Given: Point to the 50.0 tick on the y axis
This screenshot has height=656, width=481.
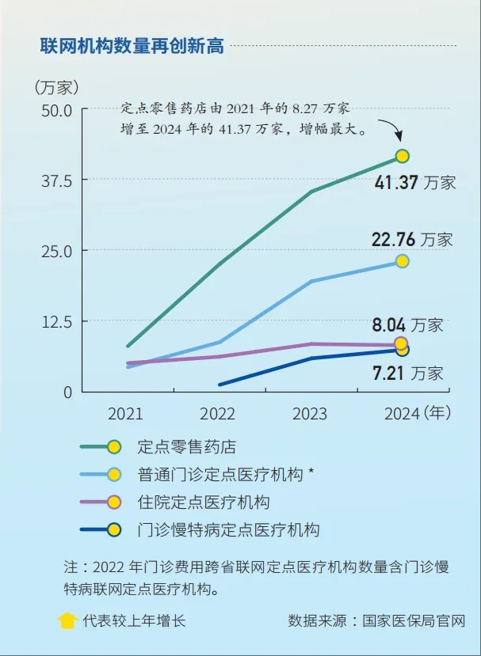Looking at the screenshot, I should (x=55, y=110).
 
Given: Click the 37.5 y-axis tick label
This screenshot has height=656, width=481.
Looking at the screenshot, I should (x=55, y=180).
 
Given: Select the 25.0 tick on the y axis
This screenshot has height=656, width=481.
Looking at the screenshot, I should (x=55, y=251).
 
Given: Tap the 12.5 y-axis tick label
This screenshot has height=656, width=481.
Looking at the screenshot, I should (x=55, y=321).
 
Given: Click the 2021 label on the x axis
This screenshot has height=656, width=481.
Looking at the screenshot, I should (x=126, y=414).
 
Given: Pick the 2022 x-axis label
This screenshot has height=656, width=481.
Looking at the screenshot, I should (x=218, y=414).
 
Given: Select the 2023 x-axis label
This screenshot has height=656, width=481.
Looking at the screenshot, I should (x=311, y=414).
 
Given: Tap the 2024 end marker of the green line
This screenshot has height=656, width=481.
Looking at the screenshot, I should (x=403, y=156).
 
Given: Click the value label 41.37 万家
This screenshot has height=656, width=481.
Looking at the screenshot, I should (x=415, y=183).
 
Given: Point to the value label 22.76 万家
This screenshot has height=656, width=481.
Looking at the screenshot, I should (x=413, y=239).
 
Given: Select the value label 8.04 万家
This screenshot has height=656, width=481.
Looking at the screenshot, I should (x=407, y=324).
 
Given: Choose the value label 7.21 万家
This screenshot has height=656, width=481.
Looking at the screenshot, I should (x=407, y=373).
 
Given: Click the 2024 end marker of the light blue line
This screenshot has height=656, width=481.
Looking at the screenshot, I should (x=403, y=261).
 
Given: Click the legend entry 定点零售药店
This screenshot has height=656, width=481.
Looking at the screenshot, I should (x=187, y=447).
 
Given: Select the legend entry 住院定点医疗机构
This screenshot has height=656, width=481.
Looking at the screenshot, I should (x=204, y=502).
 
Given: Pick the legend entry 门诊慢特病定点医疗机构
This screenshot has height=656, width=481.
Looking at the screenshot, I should (x=228, y=530).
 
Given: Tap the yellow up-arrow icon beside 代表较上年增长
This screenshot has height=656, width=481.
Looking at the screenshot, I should (x=68, y=620).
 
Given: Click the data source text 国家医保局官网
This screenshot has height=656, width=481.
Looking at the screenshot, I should (x=414, y=620).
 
